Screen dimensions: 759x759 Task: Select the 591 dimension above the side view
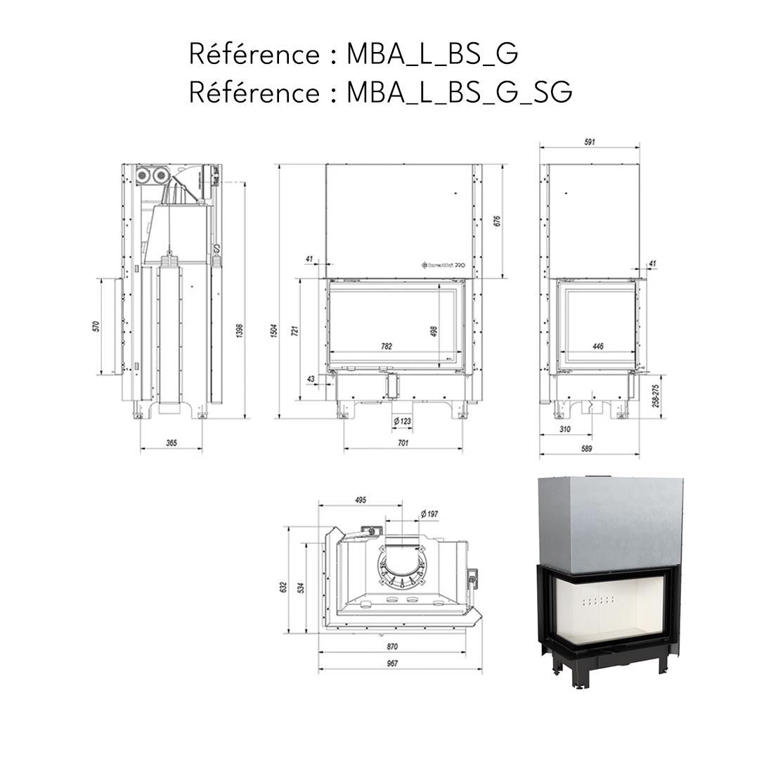[589, 142]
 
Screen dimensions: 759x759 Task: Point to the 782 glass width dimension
[386, 346]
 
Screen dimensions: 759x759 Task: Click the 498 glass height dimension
[434, 330]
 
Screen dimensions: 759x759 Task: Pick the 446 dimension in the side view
[598, 346]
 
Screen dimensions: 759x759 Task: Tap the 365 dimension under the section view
[171, 443]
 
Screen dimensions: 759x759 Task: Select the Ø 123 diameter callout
[402, 420]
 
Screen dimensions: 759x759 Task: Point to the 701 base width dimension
[403, 443]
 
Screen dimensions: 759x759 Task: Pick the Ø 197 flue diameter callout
[429, 514]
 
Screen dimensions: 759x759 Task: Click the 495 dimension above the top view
[360, 500]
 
